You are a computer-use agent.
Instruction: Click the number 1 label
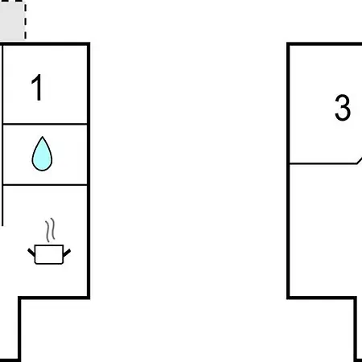point(37,88)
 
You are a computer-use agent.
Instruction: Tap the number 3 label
point(343,107)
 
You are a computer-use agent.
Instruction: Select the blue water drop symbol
point(42,154)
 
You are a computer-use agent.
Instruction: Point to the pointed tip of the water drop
point(42,137)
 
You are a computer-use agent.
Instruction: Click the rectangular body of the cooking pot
point(49,254)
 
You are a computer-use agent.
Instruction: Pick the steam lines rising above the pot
point(50,230)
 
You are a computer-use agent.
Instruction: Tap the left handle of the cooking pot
point(31,252)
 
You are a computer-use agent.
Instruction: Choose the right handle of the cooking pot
point(67,253)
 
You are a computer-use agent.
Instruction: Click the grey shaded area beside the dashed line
point(12,20)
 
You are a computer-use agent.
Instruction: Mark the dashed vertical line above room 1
point(25,20)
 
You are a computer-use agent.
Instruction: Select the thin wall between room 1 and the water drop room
point(45,124)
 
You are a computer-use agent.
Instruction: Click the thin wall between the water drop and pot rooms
point(45,185)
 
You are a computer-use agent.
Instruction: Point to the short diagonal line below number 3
point(360,160)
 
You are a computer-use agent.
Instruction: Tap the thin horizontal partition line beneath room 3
point(323,163)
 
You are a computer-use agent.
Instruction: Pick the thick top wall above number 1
point(45,44)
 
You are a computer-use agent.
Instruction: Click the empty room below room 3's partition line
point(324,231)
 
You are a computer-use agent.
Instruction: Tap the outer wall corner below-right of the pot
point(88,298)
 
